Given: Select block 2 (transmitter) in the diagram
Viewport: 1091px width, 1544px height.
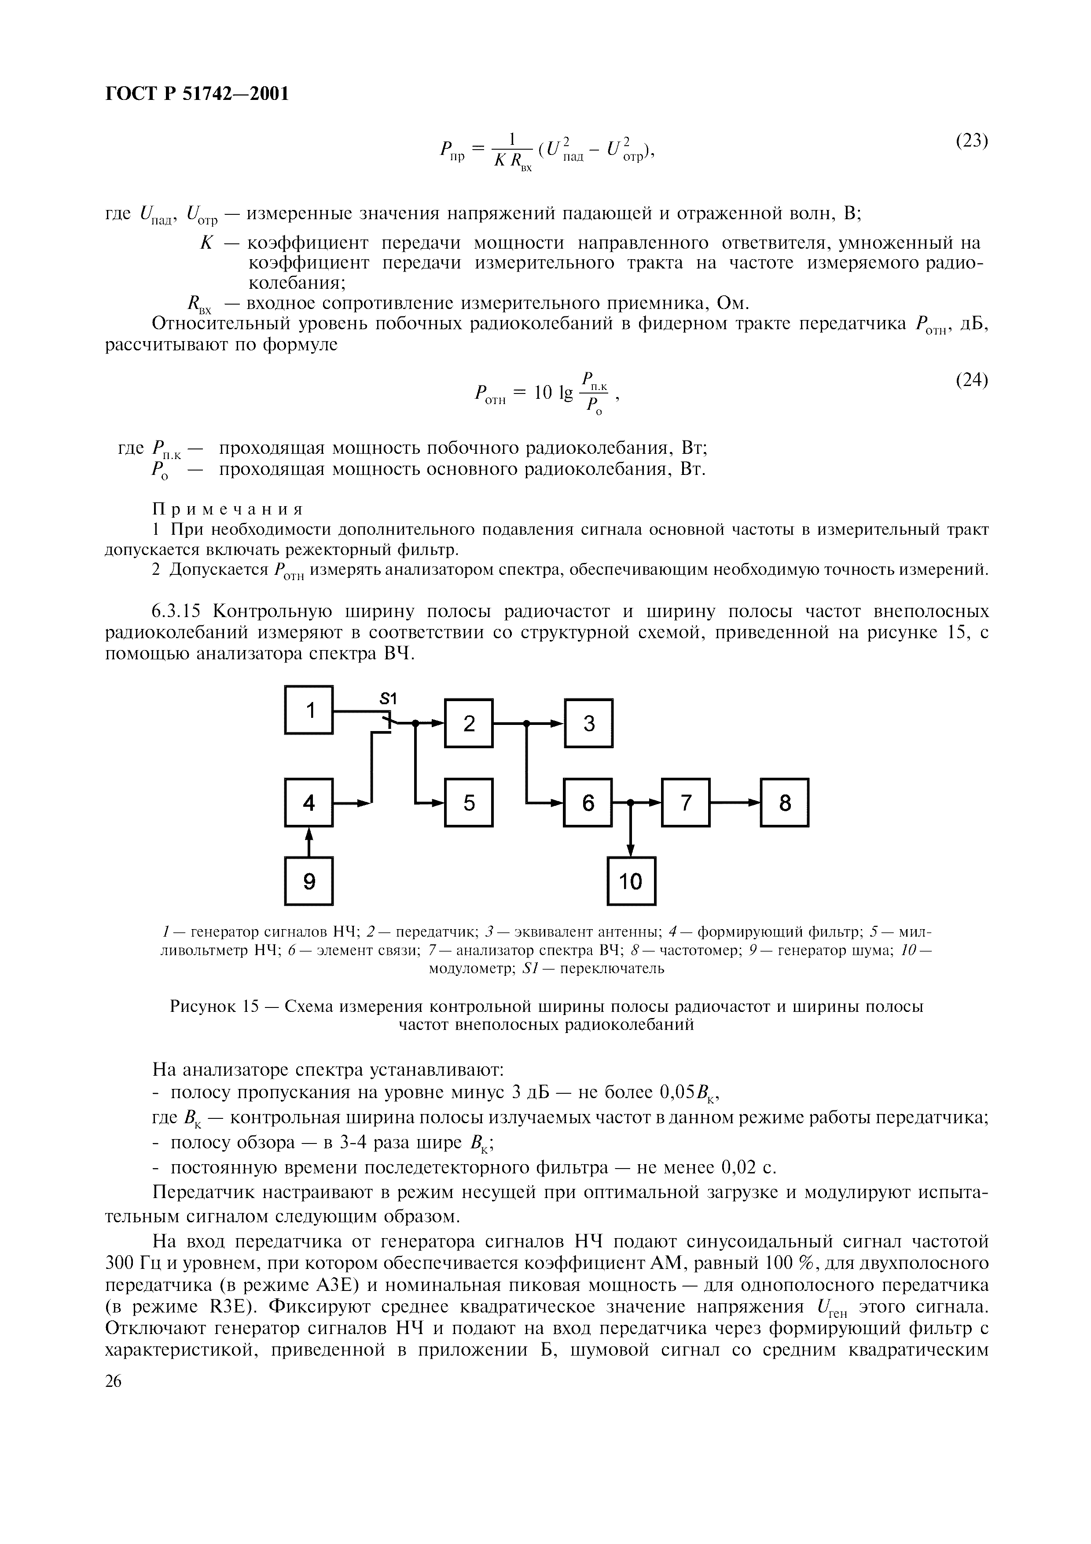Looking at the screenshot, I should click(469, 723).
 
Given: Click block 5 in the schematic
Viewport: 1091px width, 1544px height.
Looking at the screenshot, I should click(469, 802).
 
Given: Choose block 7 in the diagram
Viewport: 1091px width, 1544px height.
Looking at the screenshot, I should click(686, 802).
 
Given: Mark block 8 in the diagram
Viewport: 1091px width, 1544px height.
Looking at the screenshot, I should click(784, 802).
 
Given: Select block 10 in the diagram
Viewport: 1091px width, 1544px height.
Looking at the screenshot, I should click(631, 881).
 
